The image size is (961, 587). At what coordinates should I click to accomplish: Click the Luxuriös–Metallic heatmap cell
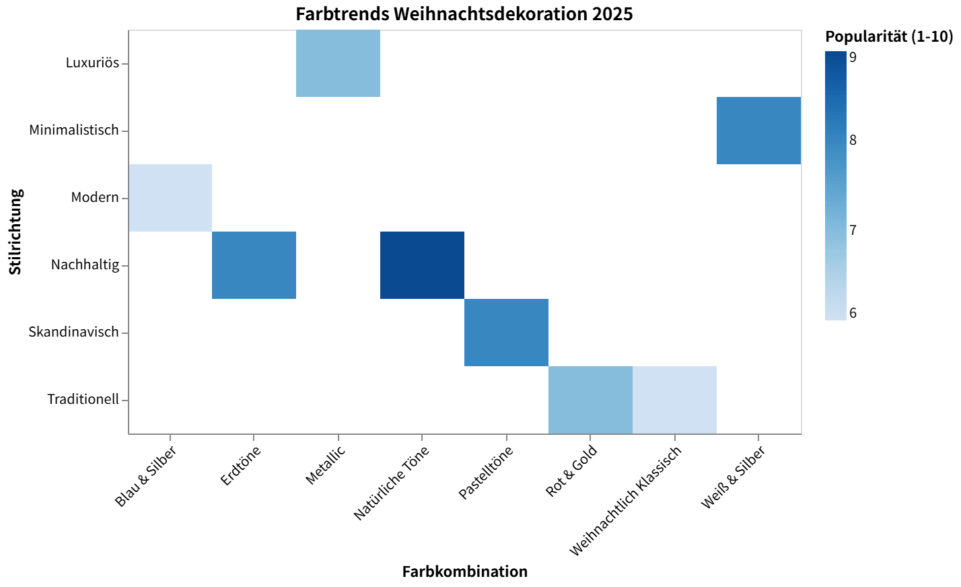click(338, 63)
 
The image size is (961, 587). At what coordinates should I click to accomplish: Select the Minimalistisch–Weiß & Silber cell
click(758, 131)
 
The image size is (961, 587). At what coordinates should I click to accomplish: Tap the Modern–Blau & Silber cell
click(170, 198)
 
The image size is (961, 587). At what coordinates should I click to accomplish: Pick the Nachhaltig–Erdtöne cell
click(254, 265)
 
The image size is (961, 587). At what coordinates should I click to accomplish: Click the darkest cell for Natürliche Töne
click(422, 265)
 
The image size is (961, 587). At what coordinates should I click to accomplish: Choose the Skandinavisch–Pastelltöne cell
click(506, 333)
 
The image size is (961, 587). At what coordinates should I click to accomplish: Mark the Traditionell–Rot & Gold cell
click(590, 400)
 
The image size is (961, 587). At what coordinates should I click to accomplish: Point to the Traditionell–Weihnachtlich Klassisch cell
click(674, 400)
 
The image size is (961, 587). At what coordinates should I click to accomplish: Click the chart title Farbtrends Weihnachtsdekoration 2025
click(464, 13)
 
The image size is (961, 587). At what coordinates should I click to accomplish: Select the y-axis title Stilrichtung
click(16, 232)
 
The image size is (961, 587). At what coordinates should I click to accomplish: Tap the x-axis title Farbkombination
click(464, 572)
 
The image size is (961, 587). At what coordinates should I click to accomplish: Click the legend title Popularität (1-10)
click(889, 36)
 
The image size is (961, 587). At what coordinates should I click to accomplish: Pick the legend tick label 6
click(853, 314)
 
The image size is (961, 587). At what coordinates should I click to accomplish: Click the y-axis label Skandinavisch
click(73, 333)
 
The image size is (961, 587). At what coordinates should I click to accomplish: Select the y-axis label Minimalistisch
click(74, 131)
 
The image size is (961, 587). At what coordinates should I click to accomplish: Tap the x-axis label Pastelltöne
click(486, 474)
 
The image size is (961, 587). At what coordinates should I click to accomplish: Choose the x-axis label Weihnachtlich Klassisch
click(625, 502)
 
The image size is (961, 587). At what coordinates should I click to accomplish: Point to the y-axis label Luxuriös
click(92, 63)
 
